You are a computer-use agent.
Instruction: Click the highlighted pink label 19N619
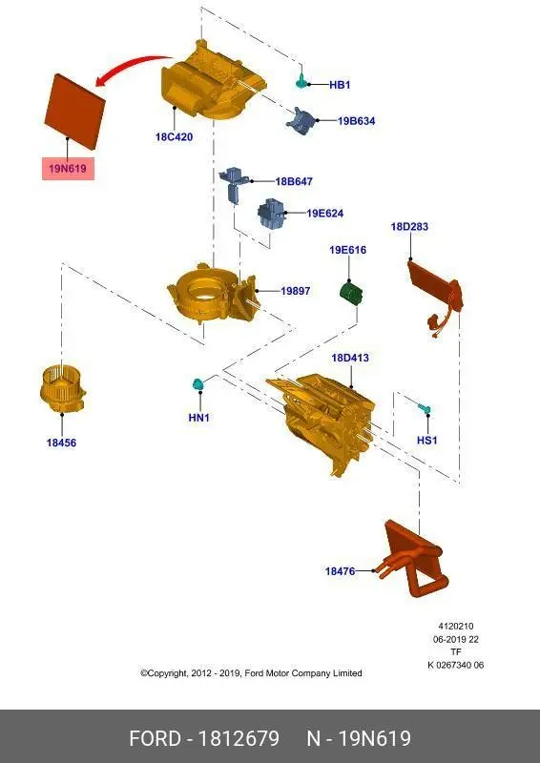click(x=68, y=169)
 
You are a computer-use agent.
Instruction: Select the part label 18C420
click(x=174, y=136)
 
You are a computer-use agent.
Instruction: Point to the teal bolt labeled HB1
click(x=301, y=81)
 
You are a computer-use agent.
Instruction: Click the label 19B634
click(x=357, y=121)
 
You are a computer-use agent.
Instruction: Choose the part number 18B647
click(x=294, y=181)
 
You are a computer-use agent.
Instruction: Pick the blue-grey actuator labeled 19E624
click(x=269, y=213)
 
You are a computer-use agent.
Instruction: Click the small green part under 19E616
click(x=350, y=293)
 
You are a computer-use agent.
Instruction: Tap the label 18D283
click(x=409, y=226)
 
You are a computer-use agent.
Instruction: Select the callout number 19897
click(x=295, y=291)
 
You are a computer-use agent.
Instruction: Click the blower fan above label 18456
click(x=62, y=389)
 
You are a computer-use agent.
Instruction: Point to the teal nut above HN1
click(x=197, y=384)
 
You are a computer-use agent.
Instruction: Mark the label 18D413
click(x=350, y=358)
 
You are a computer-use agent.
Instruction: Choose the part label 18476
click(x=340, y=570)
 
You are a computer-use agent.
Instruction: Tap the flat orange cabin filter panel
click(x=75, y=112)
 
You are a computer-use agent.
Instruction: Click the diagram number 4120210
click(x=456, y=627)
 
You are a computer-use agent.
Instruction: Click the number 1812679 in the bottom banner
click(x=239, y=738)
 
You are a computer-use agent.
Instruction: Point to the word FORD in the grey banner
click(x=155, y=738)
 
